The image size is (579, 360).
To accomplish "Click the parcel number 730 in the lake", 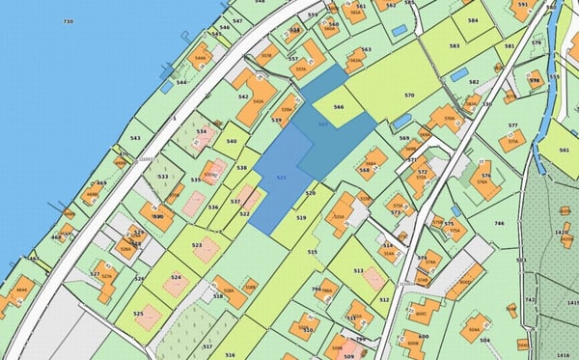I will click(68, 21).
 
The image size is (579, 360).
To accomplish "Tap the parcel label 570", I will click(409, 96).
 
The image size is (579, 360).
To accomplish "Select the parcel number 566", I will click(339, 107).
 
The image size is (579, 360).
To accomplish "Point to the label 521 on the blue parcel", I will click(281, 179).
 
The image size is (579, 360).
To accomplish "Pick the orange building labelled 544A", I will click(201, 55).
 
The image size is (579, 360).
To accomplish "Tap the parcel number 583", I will click(454, 45).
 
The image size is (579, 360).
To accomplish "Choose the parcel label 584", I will click(472, 20).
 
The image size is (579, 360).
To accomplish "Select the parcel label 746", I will click(499, 223).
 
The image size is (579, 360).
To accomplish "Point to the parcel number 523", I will click(197, 245).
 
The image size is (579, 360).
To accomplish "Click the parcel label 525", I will click(138, 314).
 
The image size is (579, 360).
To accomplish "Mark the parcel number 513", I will click(358, 271).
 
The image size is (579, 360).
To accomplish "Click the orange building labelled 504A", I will click(475, 327).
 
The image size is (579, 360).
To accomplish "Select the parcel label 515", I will click(313, 252).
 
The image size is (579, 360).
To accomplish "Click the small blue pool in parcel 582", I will click(459, 73).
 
